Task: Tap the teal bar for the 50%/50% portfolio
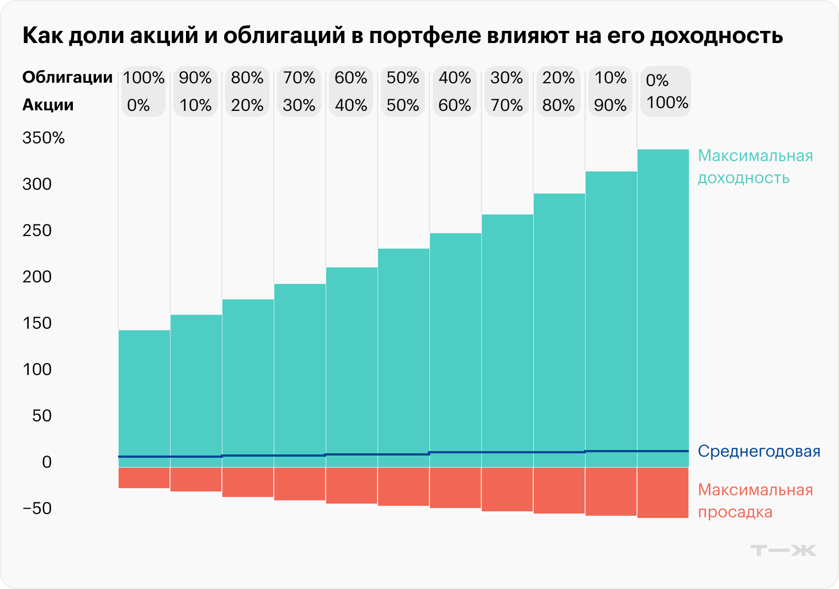pyautogui.click(x=403, y=353)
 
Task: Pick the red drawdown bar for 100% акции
pyautogui.click(x=663, y=492)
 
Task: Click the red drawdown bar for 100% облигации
pyautogui.click(x=144, y=478)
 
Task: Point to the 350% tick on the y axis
pyautogui.click(x=44, y=138)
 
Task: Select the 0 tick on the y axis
pyautogui.click(x=47, y=462)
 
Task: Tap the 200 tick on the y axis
pyautogui.click(x=37, y=276)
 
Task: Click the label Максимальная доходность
pyautogui.click(x=755, y=167)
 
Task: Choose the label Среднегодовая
pyautogui.click(x=759, y=451)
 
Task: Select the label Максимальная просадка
pyautogui.click(x=755, y=501)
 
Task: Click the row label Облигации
pyautogui.click(x=67, y=77)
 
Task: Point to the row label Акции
pyautogui.click(x=48, y=105)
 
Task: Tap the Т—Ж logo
pyautogui.click(x=783, y=550)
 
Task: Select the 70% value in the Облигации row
pyautogui.click(x=299, y=78)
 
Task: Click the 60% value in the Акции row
pyautogui.click(x=455, y=105)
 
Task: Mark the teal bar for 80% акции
pyautogui.click(x=559, y=325)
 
